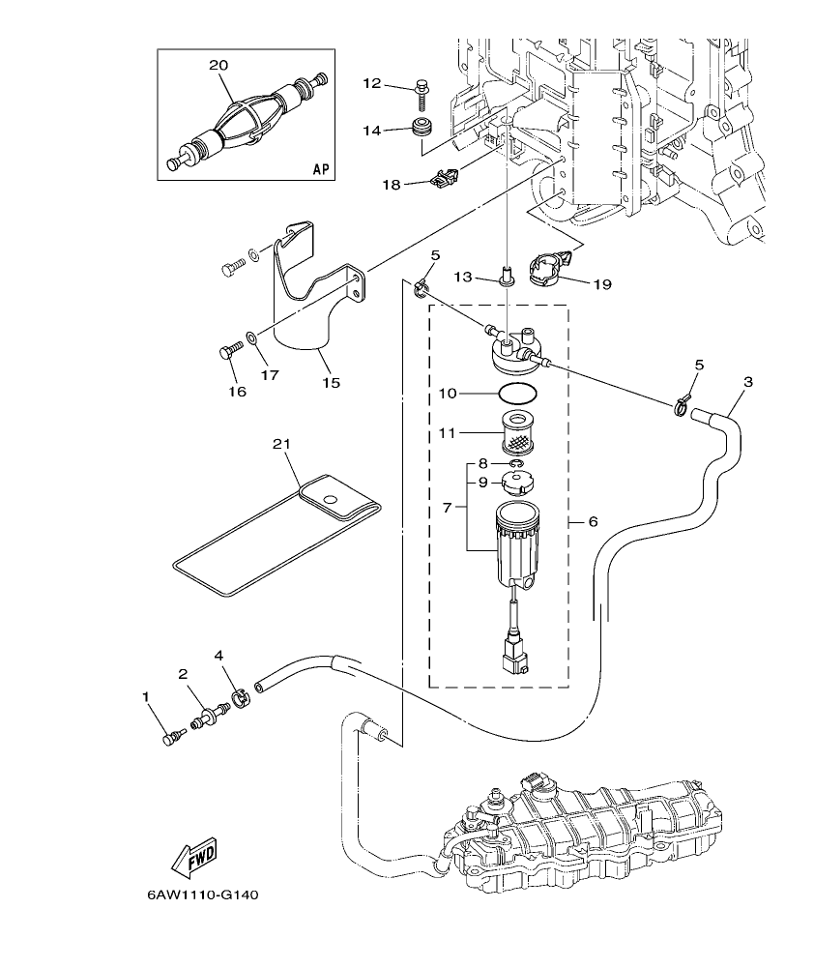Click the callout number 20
coord(218,64)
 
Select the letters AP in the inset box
coord(321,169)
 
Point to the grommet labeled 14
coord(422,128)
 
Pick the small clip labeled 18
coord(442,178)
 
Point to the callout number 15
coord(331,383)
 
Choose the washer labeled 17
coord(250,337)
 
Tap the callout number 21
coord(281,443)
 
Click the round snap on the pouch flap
coord(330,499)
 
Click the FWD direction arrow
coord(193,856)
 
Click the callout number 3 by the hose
coord(747,381)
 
